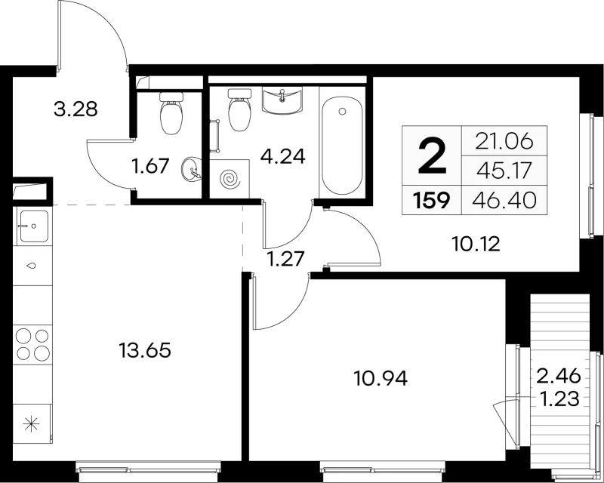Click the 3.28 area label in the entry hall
click(x=76, y=109)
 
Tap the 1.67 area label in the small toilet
click(x=150, y=166)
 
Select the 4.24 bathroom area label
click(x=282, y=156)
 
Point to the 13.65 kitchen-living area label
click(x=145, y=350)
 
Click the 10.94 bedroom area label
click(x=381, y=379)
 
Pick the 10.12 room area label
click(x=476, y=244)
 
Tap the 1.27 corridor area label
click(x=287, y=258)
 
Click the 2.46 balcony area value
click(x=559, y=376)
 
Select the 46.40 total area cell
click(x=504, y=200)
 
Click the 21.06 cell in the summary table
click(x=504, y=141)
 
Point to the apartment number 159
click(x=431, y=200)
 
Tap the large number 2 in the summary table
click(x=432, y=156)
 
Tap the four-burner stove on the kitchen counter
click(x=32, y=343)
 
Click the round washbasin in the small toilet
click(x=191, y=169)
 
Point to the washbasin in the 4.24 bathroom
click(x=282, y=100)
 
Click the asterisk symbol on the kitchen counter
click(x=31, y=425)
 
